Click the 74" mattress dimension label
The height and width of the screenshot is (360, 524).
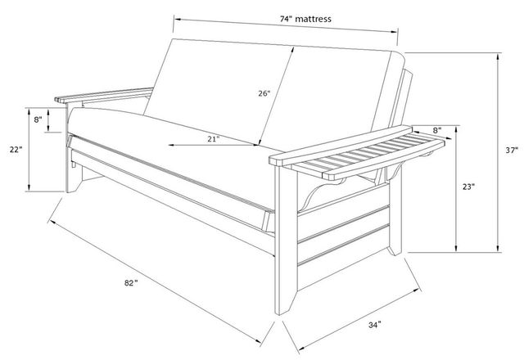305,19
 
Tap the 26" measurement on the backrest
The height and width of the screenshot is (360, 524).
264,93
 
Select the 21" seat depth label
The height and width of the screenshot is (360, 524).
213,138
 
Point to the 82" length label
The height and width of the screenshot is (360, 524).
131,283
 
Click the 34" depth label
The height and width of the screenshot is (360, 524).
375,325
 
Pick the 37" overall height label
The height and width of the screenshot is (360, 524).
512,151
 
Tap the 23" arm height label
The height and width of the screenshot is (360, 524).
468,187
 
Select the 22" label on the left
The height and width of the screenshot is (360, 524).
16,150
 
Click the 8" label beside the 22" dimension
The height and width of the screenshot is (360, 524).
38,119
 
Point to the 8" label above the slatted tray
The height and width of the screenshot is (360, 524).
437,129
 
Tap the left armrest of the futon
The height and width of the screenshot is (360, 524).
104,95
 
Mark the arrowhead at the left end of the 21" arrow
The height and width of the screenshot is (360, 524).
171,145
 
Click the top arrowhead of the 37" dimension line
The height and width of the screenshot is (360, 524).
498,56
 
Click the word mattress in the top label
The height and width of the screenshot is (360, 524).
313,19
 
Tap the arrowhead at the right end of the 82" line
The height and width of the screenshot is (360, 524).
258,340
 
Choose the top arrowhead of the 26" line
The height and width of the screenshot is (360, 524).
293,50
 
